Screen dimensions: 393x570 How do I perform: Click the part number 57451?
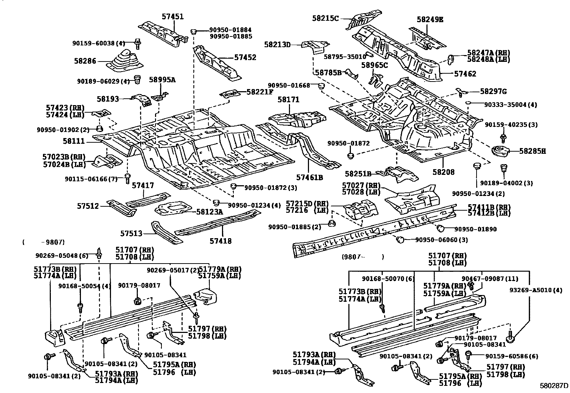pos(172,16)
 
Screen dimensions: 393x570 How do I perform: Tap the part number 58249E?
pos(430,20)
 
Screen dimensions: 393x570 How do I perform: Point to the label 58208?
pos(443,172)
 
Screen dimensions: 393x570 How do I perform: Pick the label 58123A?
pos(209,212)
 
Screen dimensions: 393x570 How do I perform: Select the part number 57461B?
pos(310,177)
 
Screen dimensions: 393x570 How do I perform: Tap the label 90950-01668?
pos(289,85)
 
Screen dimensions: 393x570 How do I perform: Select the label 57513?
pos(131,233)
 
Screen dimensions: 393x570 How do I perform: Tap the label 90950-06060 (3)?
pos(441,240)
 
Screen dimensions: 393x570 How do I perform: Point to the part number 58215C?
pos(325,18)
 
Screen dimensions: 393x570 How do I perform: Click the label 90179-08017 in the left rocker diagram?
pos(139,285)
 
